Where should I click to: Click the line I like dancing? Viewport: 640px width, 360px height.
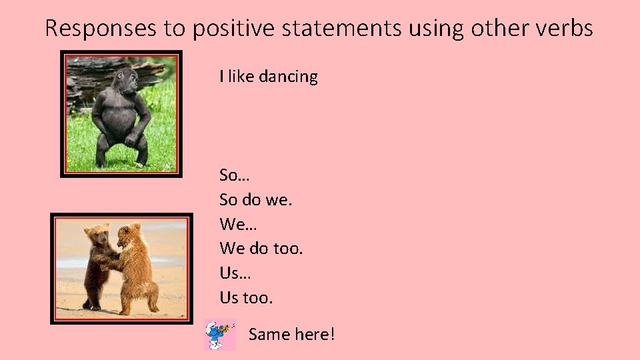(x=269, y=77)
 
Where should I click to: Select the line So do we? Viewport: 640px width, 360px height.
(x=256, y=199)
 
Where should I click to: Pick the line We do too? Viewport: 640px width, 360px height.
(x=261, y=249)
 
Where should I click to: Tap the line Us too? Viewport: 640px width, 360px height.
(x=246, y=297)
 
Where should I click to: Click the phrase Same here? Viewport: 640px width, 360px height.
(x=291, y=334)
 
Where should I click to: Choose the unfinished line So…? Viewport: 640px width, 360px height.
(x=233, y=175)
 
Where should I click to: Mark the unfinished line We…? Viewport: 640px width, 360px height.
(x=235, y=224)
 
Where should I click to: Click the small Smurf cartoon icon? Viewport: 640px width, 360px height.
(x=219, y=335)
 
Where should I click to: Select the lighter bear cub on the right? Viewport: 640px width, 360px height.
(x=137, y=267)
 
